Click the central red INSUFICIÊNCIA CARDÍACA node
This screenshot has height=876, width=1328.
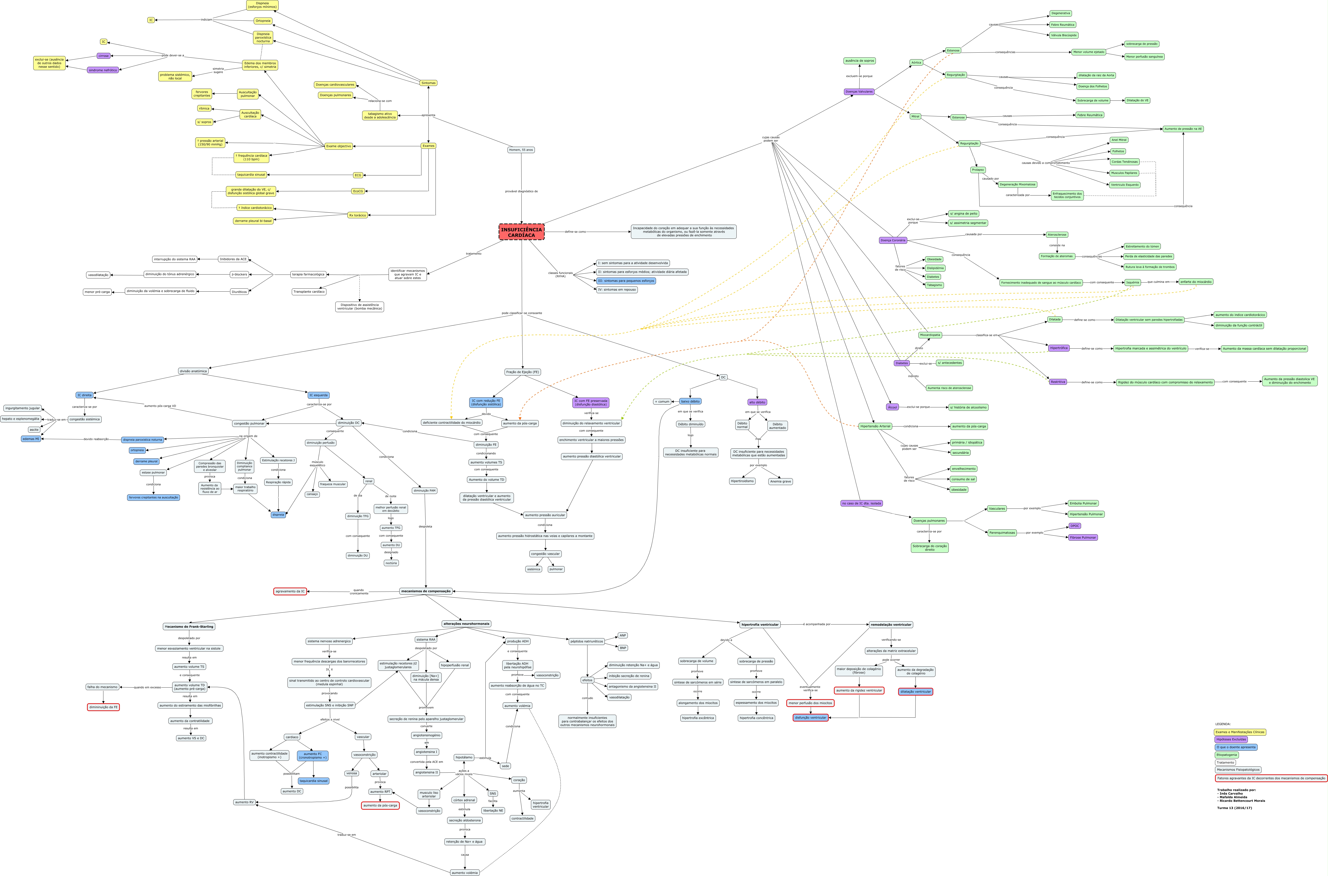tap(521, 232)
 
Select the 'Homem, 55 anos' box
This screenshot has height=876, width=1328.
tap(520, 150)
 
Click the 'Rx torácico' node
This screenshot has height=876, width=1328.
tap(357, 215)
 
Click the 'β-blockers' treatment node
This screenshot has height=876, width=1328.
tap(239, 274)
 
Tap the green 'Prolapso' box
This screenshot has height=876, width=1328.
tap(978, 170)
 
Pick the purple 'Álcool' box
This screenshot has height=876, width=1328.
tap(892, 407)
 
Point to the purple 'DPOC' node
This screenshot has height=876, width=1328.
tap(1074, 526)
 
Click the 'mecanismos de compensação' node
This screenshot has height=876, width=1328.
tap(426, 591)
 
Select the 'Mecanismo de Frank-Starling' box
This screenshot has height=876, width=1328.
tap(189, 627)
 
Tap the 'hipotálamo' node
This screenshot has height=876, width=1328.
tap(464, 758)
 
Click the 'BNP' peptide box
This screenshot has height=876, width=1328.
tap(623, 648)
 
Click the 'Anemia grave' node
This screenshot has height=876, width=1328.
tap(780, 482)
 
